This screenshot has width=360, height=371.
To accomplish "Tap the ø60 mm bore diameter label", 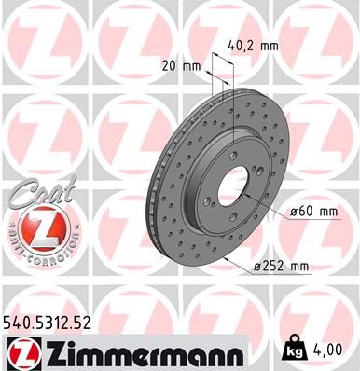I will click(x=313, y=211).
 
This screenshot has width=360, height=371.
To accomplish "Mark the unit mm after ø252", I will click(x=298, y=268).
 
